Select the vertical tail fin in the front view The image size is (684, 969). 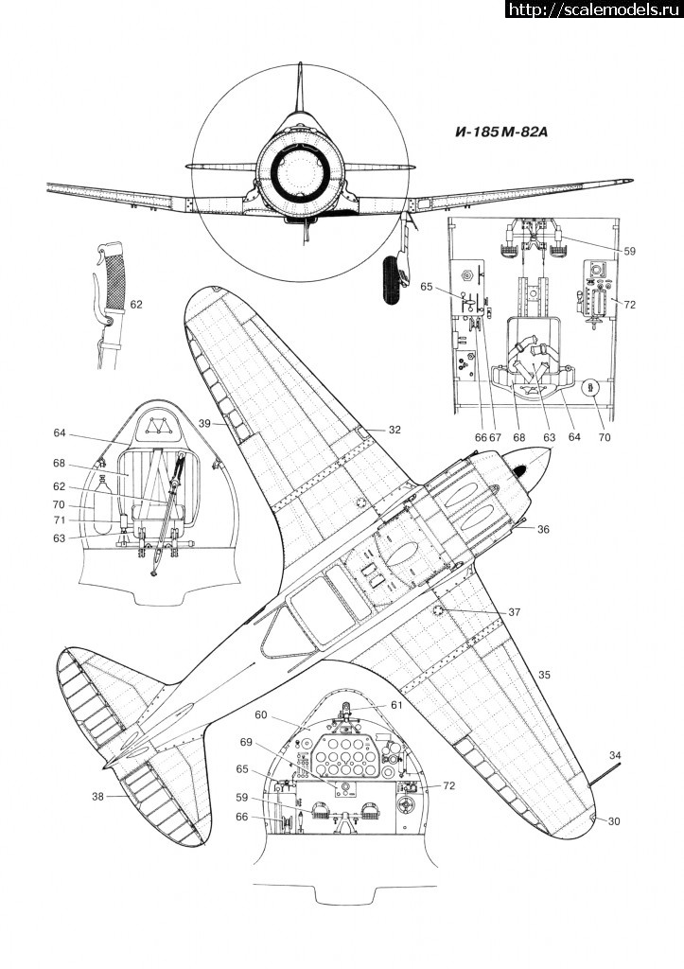(x=299, y=95)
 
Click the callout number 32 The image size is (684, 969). (x=394, y=431)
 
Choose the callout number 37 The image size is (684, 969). (x=514, y=612)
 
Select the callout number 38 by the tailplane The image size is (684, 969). (x=98, y=797)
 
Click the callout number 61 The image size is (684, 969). (x=395, y=705)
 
